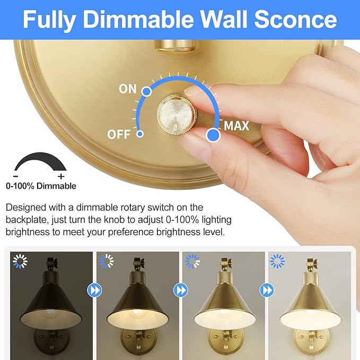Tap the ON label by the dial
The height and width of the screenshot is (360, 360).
tap(128, 89)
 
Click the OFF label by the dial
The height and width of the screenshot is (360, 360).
tap(119, 134)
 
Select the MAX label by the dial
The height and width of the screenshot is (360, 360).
tap(236, 126)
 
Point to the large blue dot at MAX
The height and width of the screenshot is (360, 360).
tap(213, 135)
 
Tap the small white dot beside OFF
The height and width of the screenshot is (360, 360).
tap(140, 134)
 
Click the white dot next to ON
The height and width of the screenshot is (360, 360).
tap(147, 92)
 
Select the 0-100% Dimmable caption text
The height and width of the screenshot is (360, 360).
tap(41, 186)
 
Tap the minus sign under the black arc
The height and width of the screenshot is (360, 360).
tap(16, 176)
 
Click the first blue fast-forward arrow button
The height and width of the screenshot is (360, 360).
tap(93, 291)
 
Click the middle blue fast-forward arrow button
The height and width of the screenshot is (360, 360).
tap(180, 291)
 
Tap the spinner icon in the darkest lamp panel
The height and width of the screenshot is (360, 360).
tap(20, 261)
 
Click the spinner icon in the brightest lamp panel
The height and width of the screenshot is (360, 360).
tap(277, 261)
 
